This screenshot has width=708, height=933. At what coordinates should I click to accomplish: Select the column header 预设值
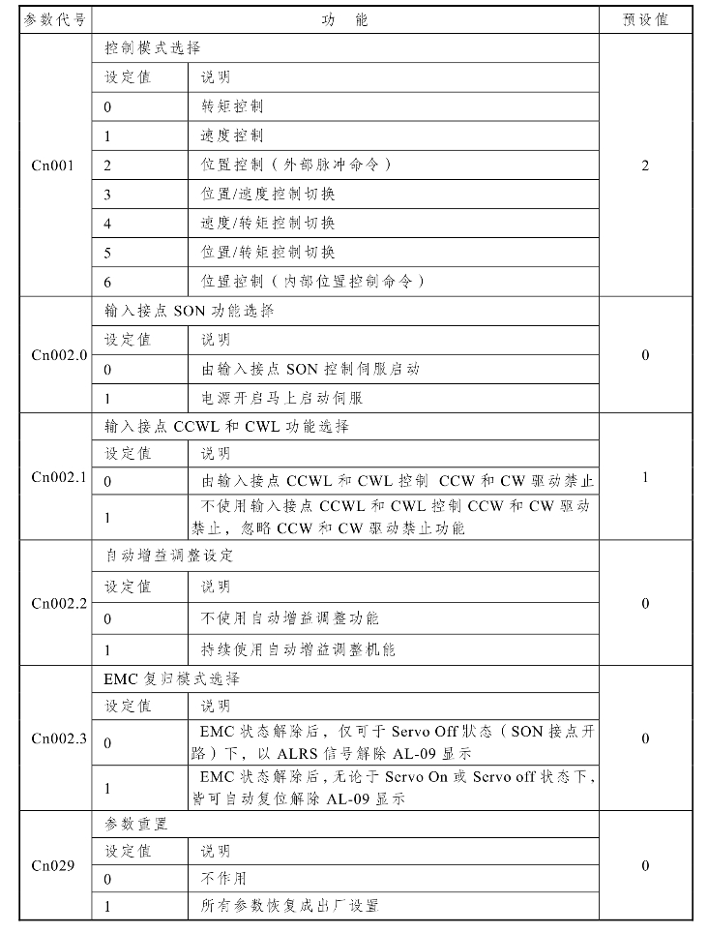tap(646, 19)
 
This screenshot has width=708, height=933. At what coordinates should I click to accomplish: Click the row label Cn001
tap(53, 165)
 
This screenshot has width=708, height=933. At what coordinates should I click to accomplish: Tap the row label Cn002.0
tap(58, 354)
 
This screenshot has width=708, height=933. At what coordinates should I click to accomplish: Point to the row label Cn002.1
tap(58, 476)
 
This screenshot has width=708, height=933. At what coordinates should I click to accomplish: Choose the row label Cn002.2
tap(58, 603)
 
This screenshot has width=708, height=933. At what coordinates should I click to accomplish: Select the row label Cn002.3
tap(58, 738)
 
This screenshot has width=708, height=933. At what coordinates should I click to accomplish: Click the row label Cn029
tap(53, 865)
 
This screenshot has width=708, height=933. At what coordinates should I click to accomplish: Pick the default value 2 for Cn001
tap(646, 165)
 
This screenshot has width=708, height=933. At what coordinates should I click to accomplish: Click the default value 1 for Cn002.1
tap(646, 476)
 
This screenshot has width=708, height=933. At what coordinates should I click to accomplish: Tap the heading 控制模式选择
tap(153, 47)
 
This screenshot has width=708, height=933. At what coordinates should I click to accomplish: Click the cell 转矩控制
tap(232, 105)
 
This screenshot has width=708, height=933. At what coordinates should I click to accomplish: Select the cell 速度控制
tap(232, 135)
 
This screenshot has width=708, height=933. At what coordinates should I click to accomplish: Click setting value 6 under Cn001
tap(108, 282)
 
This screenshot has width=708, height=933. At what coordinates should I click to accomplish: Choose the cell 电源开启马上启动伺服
tap(281, 398)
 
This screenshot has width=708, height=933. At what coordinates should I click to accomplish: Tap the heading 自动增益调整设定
tap(169, 556)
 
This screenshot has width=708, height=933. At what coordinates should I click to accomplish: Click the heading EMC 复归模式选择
tap(172, 678)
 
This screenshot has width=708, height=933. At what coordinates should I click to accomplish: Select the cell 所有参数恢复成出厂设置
tap(289, 906)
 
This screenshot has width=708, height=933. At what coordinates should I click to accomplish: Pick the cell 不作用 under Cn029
tap(223, 879)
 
